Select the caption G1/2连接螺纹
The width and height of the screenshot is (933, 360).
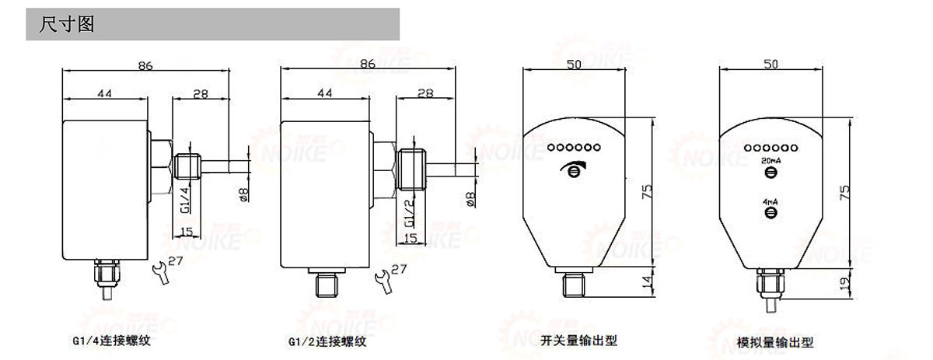(x=327, y=341)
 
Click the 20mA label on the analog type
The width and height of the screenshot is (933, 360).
(x=771, y=161)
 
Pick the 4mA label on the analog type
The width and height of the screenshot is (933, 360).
(x=771, y=201)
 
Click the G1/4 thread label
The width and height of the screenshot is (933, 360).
(x=184, y=199)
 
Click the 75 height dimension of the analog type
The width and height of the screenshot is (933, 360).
(x=848, y=192)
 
